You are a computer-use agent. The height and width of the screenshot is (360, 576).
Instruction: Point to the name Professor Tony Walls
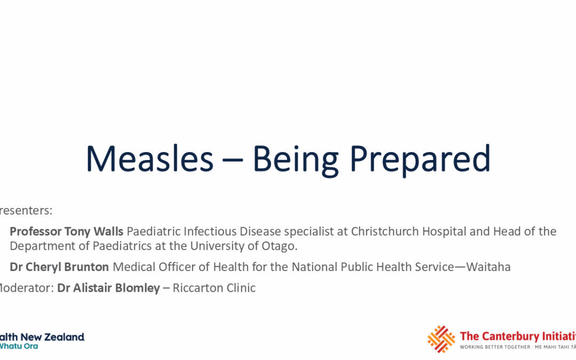(67, 231)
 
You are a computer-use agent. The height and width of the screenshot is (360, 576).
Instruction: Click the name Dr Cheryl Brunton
(59, 267)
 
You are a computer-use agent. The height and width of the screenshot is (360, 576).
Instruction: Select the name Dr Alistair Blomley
(108, 288)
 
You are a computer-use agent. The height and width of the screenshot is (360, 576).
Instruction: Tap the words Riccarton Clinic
(214, 288)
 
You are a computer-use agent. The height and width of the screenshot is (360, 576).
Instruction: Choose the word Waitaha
(488, 267)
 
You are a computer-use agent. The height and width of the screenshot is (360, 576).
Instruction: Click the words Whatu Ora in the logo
(19, 346)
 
